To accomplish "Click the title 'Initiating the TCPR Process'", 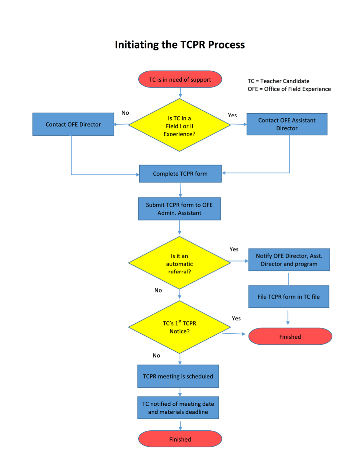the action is pos(180,45).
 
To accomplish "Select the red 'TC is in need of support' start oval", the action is pos(180,79).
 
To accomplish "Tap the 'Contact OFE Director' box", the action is pos(73,124).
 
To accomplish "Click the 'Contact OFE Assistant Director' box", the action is pos(287,124).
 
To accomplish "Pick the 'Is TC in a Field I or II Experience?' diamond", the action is pos(179,125).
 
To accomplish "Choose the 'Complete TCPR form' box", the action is pos(180,174).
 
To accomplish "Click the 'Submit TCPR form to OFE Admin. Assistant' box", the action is pos(179,209).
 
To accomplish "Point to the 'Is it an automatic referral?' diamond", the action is pos(179,263).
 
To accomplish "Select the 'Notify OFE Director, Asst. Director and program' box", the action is pos(289,260).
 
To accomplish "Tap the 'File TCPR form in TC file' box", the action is pos(289,296).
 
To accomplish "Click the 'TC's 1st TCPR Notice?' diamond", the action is pos(179,327).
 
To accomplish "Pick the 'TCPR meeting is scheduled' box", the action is pos(178,376).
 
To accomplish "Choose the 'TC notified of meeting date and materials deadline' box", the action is pos(178,408).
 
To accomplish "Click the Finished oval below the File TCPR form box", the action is pos(290,336).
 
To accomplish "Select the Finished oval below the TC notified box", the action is pos(180,439).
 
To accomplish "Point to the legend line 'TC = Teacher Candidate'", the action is pos(278,81).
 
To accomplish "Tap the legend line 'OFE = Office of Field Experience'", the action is pos(289,89).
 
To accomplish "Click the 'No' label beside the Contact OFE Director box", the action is pos(125,113).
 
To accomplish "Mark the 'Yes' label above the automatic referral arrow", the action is pos(234,249).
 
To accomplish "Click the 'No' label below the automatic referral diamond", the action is pos(158,290).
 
